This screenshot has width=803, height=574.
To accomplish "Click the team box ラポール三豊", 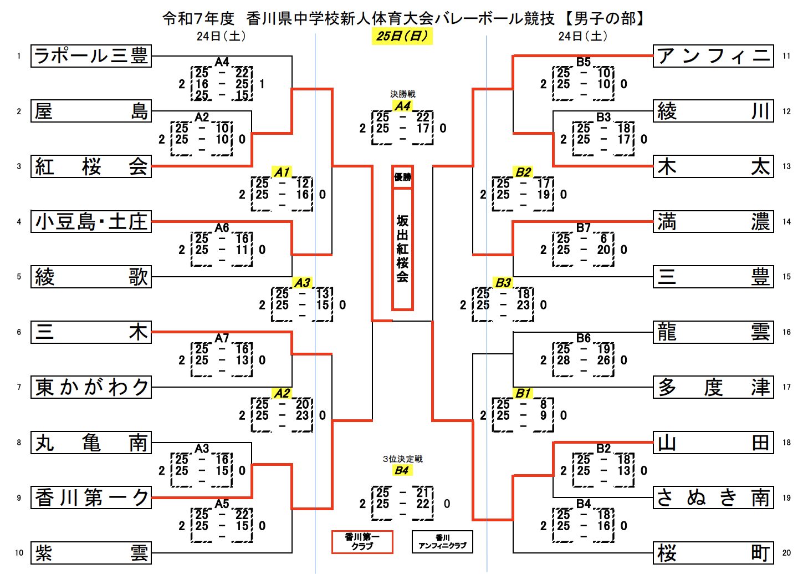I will point(91,56).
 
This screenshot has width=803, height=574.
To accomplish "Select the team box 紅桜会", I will point(91,166).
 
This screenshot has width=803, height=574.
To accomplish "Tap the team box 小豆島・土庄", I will point(91,221).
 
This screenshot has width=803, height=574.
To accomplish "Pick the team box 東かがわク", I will point(91,387).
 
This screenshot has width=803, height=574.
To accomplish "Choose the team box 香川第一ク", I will point(91,497).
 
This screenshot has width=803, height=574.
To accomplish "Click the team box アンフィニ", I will point(713,56).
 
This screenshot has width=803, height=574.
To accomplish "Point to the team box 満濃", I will point(713,221).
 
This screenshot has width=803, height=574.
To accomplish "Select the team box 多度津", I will point(713,387).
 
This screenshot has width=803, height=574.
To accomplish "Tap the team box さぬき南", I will point(713,497).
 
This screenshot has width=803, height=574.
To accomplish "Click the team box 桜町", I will point(713,553).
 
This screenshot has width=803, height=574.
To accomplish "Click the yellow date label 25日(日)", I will point(402,37).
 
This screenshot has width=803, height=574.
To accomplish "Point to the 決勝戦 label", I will point(402,94).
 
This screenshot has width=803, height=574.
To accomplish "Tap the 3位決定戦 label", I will point(402,459).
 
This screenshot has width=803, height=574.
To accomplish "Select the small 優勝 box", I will point(402,177).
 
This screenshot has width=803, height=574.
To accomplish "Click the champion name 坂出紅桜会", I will point(402,249).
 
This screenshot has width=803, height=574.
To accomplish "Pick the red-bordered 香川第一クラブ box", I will point(362,542).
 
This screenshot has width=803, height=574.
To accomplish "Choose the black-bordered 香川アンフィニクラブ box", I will point(442,542).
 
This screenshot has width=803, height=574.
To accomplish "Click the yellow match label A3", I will point(302,283).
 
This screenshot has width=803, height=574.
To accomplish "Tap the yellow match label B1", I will point(523,393).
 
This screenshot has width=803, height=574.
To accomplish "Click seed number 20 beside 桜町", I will point(786,553).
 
